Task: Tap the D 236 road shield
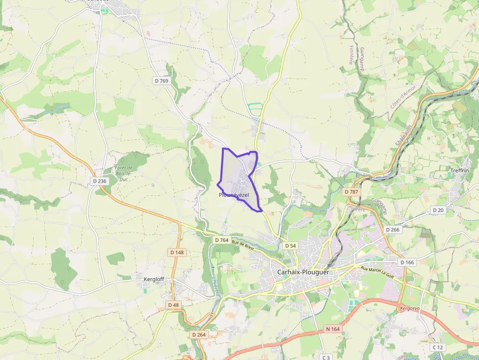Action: tap(99, 181)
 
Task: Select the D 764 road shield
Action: tap(221, 240)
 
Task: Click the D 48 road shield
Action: tap(174, 305)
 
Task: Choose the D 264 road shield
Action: tap(198, 335)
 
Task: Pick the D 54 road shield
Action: tap(290, 246)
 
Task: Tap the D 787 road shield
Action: tap(351, 192)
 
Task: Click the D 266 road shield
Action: tap(392, 230)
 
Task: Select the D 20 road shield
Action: tap(438, 210)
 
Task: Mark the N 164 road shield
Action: tap(332, 330)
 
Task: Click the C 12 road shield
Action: tap(437, 347)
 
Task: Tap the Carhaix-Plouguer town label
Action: tap(303, 273)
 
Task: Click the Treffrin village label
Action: tap(459, 170)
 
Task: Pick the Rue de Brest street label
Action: tap(243, 245)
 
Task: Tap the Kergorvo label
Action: tap(410, 309)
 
